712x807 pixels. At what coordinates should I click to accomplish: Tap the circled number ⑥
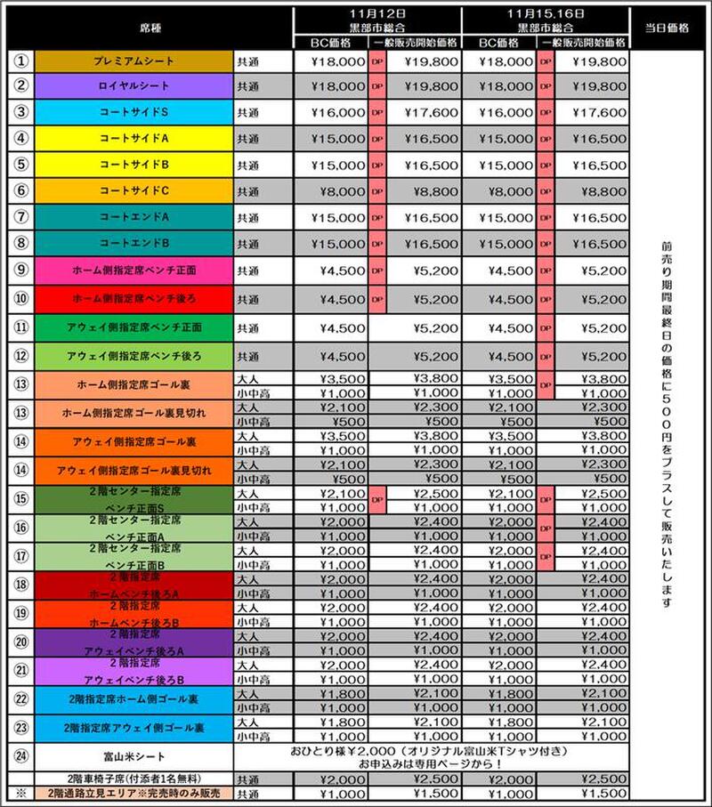click(22, 190)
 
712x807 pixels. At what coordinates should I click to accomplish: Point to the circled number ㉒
click(22, 700)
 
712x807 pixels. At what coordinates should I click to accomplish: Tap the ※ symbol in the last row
click(22, 793)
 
